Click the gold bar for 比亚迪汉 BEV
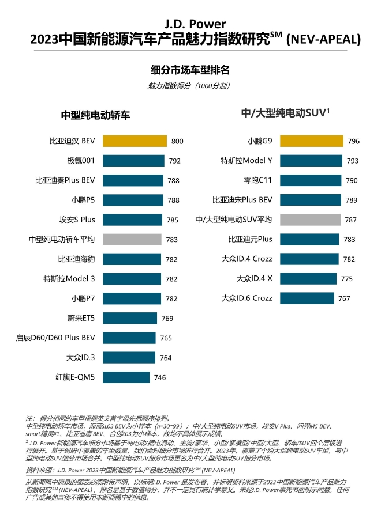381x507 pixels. click(135, 141)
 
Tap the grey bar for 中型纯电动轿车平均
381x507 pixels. click(132, 239)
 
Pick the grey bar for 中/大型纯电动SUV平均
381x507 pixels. click(309, 220)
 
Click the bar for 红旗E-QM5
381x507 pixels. click(127, 377)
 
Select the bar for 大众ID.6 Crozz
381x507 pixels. click(306, 298)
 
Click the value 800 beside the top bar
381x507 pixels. click(177, 141)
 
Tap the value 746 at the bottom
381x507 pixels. click(160, 377)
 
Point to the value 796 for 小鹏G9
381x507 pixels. click(354, 141)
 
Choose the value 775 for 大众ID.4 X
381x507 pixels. click(346, 278)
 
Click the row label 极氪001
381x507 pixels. click(81, 161)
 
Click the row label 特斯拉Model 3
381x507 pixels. click(69, 279)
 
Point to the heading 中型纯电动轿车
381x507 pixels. click(95, 115)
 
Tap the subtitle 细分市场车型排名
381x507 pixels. click(190, 70)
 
